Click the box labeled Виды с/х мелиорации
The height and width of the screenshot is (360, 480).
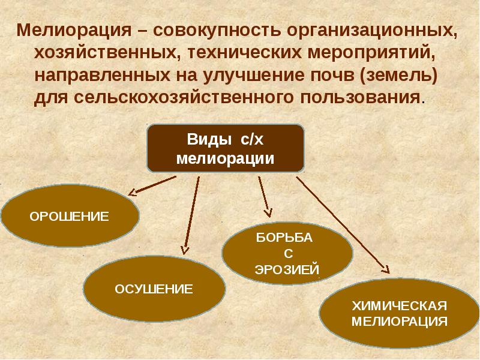[226, 149]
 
